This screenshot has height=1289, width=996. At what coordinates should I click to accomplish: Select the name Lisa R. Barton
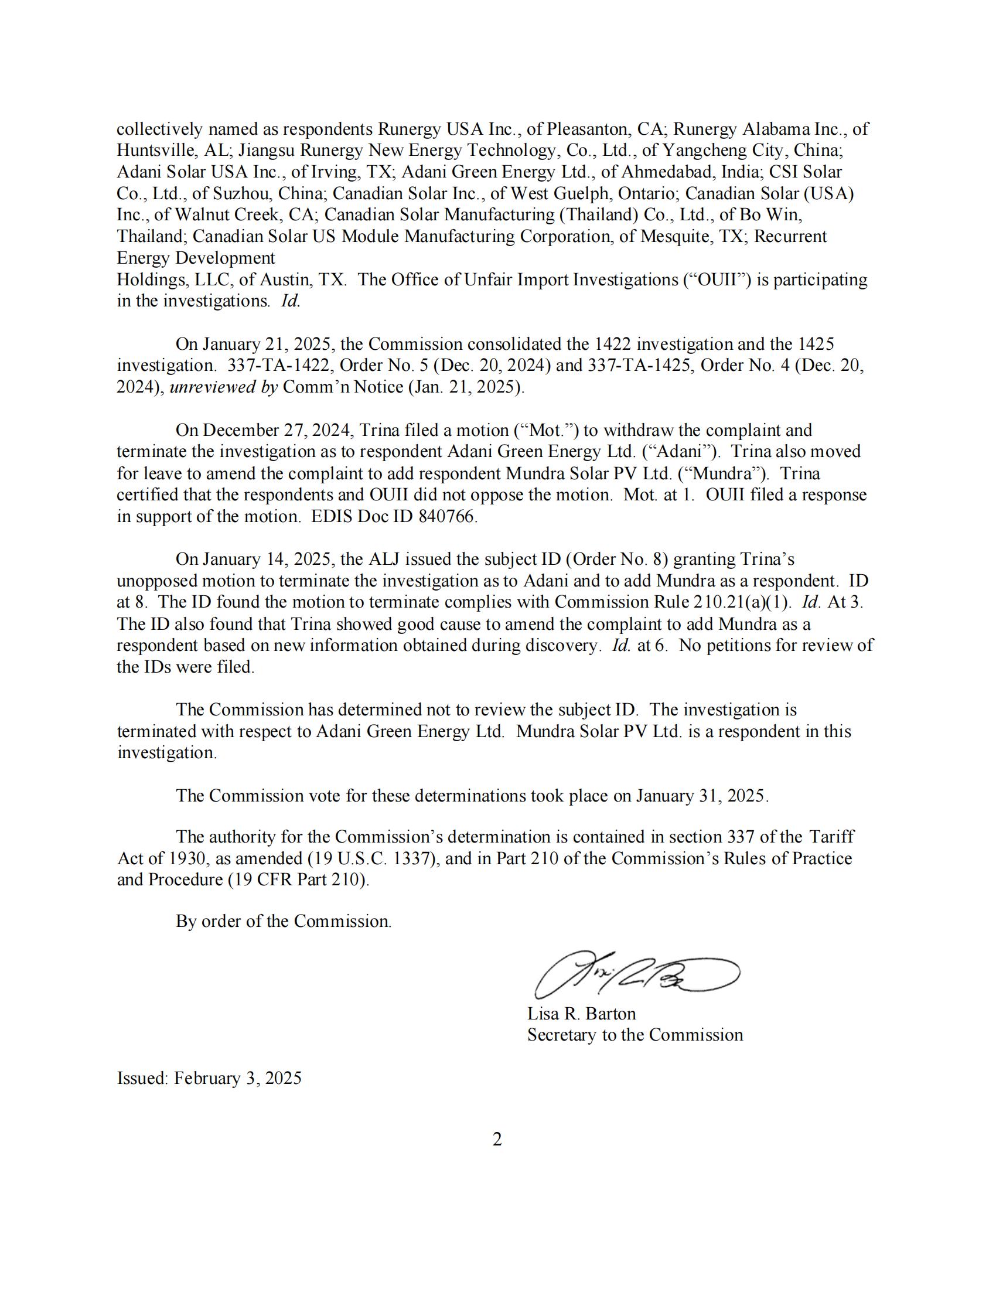pyautogui.click(x=581, y=1014)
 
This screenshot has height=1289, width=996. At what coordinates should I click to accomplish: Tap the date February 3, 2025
pyautogui.click(x=238, y=1078)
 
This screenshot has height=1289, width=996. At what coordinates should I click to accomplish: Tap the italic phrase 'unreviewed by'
pyautogui.click(x=224, y=387)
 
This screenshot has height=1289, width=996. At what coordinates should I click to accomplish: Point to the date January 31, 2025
pyautogui.click(x=701, y=796)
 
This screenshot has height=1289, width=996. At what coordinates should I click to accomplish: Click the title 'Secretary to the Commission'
pyautogui.click(x=635, y=1035)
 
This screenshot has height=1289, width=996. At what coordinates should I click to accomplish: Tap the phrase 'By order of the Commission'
pyautogui.click(x=283, y=921)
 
